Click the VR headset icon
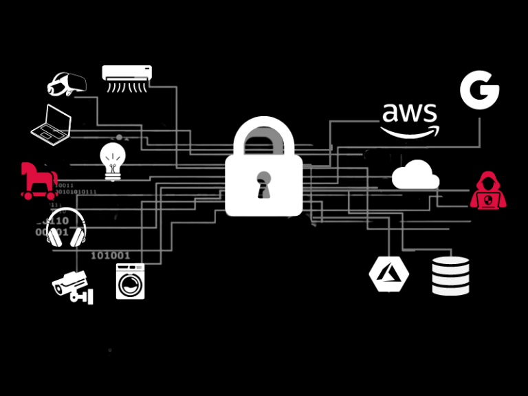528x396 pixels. point(66,84)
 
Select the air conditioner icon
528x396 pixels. point(127,78)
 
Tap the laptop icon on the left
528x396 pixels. point(52,124)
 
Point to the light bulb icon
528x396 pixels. point(113,160)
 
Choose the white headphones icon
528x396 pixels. point(66,228)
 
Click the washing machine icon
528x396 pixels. point(130,281)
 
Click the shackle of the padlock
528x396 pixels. point(264,134)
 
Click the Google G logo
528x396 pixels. point(479,91)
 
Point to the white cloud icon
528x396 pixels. point(415,175)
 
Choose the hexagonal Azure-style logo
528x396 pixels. point(389,274)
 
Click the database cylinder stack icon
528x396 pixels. point(450,276)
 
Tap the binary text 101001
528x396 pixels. point(110,255)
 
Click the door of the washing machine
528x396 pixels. point(130,285)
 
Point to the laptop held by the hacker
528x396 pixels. point(488,201)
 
